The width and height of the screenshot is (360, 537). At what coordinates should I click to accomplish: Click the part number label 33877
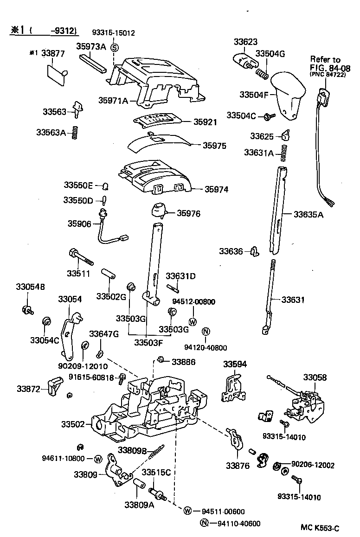52,53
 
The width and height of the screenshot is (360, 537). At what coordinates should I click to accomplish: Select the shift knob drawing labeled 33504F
288,96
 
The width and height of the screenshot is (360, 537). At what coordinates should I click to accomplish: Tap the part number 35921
206,122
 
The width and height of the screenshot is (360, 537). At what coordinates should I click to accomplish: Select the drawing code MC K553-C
320,528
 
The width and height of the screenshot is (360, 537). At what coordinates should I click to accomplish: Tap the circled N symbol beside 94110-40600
204,524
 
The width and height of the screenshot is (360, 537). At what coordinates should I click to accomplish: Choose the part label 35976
190,213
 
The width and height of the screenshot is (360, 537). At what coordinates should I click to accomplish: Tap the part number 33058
315,377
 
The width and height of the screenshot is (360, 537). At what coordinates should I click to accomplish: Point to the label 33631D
180,276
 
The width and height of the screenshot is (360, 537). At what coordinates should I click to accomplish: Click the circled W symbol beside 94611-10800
98,459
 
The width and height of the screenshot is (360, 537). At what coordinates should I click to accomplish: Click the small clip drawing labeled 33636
254,251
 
